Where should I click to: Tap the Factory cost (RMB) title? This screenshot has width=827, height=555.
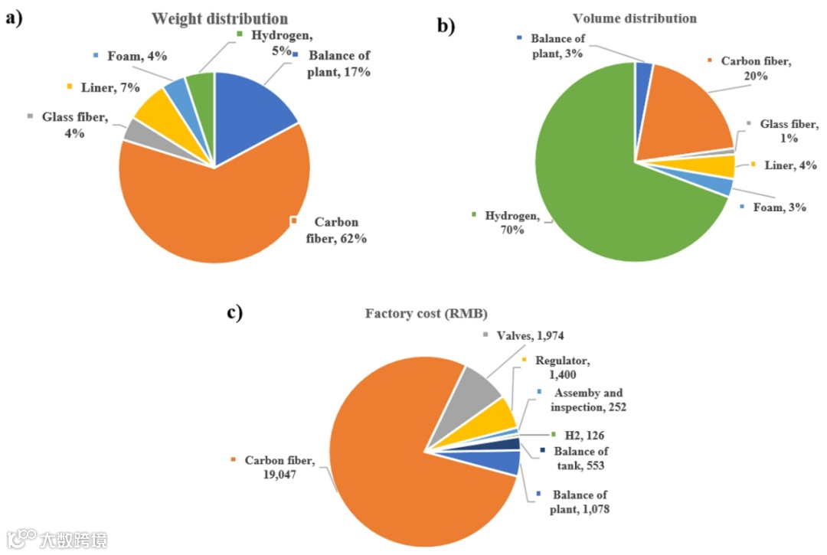tap(427, 313)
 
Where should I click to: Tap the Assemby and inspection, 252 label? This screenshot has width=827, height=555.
tap(589, 400)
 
